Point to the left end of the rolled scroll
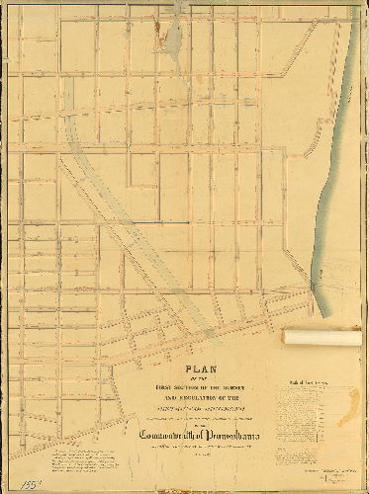[x=286, y=337]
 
